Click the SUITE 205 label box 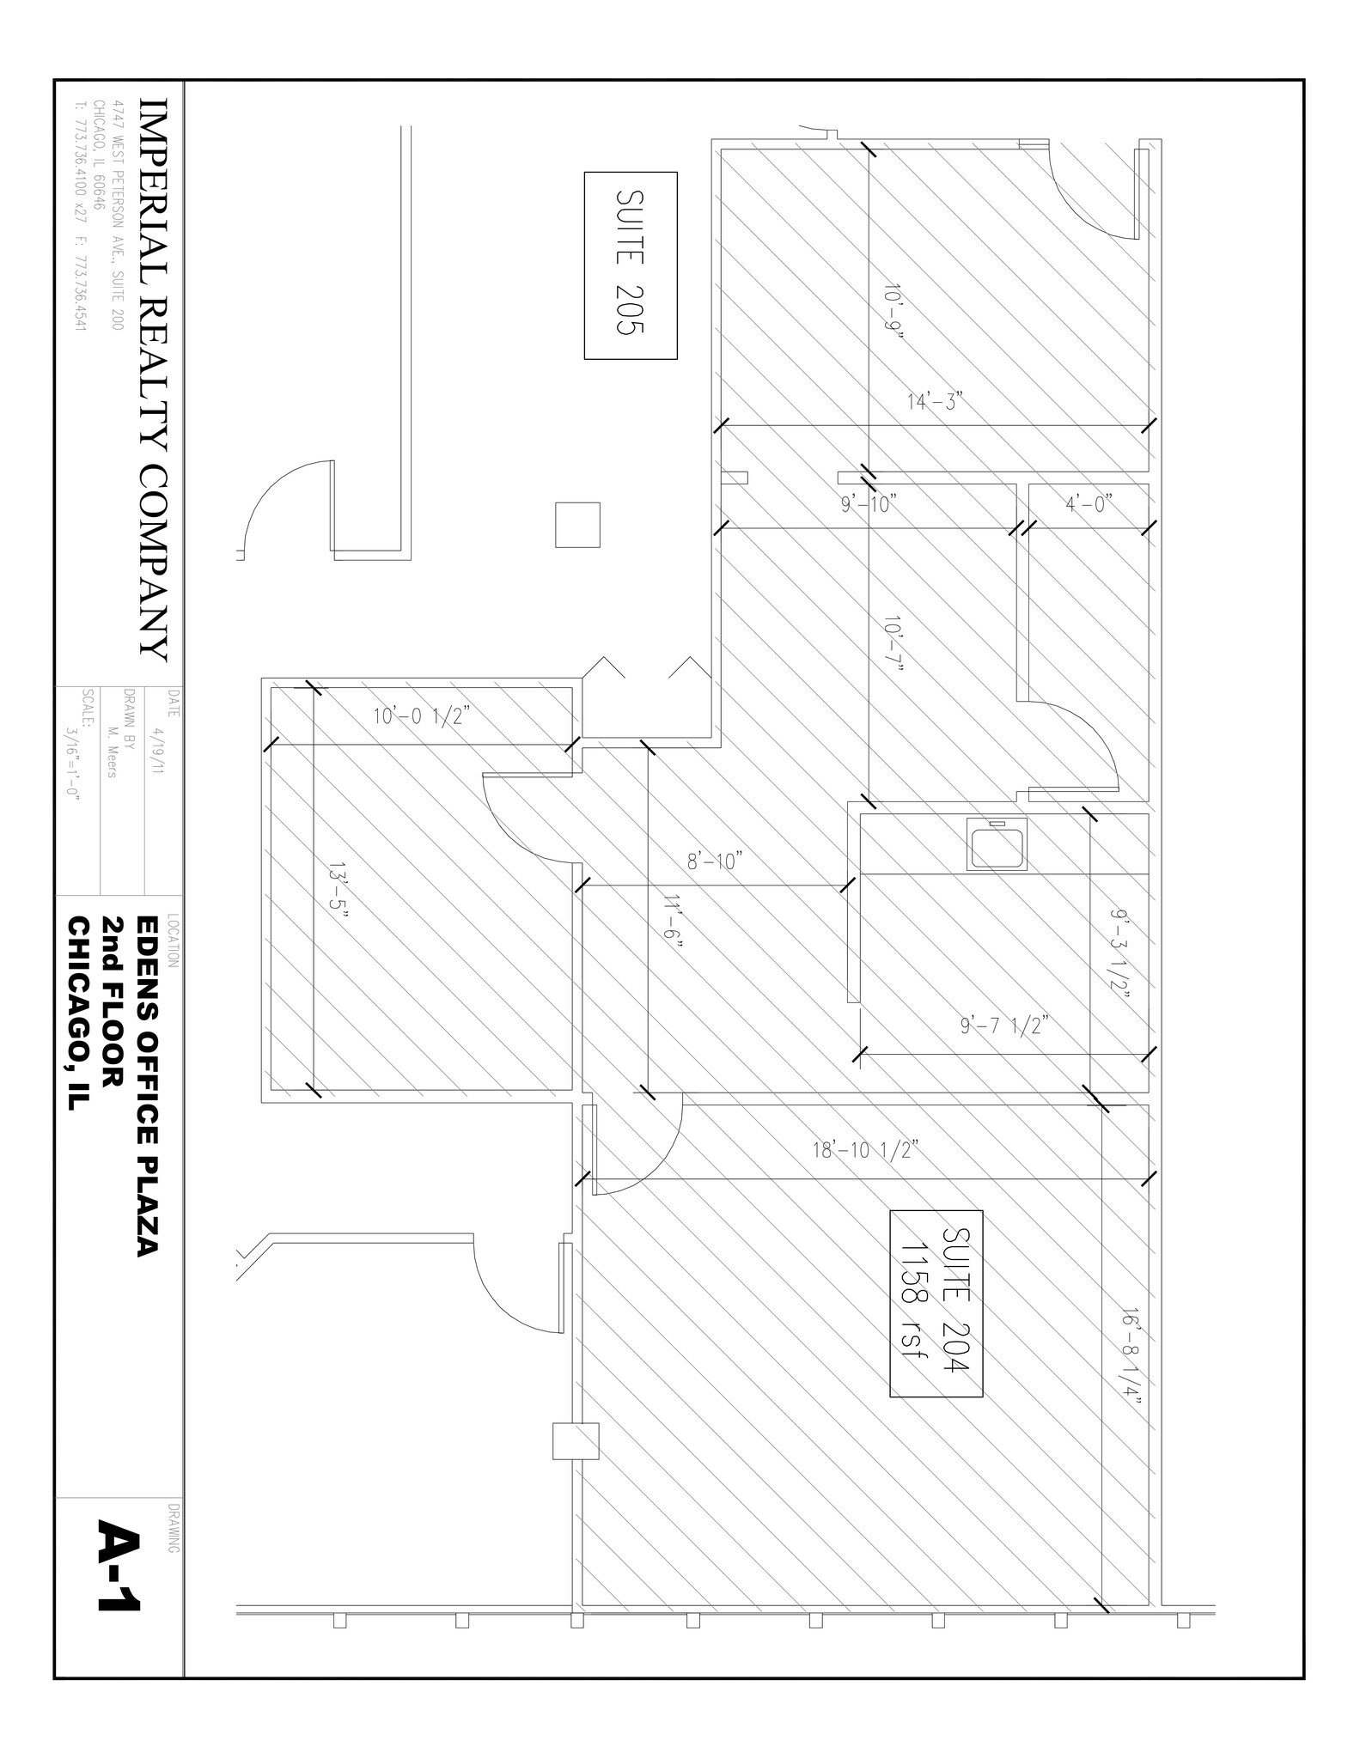[x=631, y=265]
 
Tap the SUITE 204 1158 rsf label [x=936, y=1303]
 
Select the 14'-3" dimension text [x=936, y=402]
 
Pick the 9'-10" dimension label [x=869, y=504]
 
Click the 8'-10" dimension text [x=714, y=861]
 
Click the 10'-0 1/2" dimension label [x=418, y=716]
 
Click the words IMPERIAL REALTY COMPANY [x=150, y=380]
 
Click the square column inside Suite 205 [x=577, y=525]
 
